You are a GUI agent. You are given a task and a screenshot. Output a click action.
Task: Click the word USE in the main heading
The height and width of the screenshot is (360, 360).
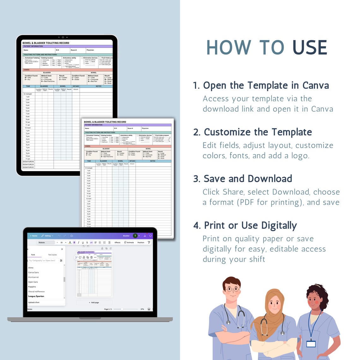310,48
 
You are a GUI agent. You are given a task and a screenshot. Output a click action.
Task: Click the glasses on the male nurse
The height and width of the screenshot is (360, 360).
233,289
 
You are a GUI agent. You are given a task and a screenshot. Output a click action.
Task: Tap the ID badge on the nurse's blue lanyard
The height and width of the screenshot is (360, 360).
311,343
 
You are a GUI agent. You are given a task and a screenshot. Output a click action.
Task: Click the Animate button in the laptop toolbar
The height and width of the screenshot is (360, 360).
129,243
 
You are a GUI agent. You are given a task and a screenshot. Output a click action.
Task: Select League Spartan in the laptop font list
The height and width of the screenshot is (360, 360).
36,296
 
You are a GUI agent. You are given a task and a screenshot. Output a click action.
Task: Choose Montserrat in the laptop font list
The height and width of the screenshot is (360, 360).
33,277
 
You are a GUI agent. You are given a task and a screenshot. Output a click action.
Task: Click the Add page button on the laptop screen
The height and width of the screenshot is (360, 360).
94,303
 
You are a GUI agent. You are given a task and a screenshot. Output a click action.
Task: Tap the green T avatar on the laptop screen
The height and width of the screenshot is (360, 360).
135,236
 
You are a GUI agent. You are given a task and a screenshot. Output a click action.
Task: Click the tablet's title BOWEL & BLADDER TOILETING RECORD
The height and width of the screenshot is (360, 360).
46,43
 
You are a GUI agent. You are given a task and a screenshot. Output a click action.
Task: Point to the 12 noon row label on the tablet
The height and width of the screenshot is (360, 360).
28,128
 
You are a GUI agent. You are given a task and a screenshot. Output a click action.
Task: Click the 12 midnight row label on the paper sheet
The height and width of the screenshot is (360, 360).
89,168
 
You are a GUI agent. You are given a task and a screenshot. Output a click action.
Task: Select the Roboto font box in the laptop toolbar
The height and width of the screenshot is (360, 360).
46,243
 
